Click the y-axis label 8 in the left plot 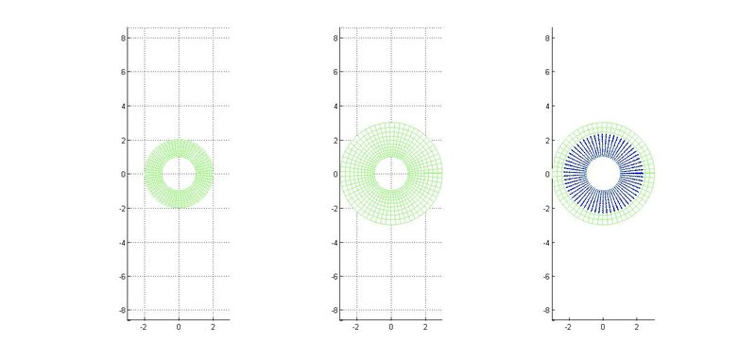[123, 38]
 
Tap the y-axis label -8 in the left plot [122, 310]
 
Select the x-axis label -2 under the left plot [144, 327]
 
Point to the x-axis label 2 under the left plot [214, 327]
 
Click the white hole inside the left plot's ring [179, 174]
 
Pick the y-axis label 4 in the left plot [123, 106]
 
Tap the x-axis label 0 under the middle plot [391, 327]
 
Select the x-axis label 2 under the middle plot [425, 327]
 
